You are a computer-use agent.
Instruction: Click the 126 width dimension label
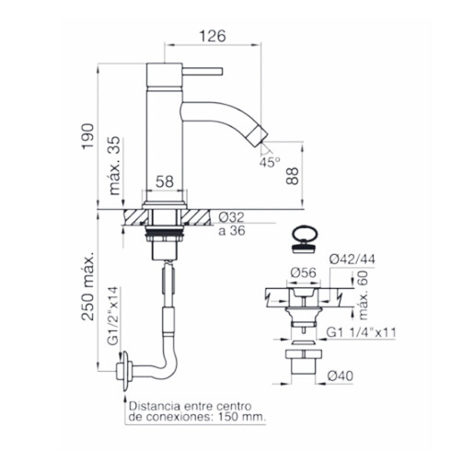point(213,36)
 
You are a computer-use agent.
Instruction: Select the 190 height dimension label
point(87,136)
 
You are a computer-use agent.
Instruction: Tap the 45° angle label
point(270,162)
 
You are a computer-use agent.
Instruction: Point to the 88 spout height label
point(293,176)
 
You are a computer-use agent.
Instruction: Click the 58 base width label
point(165,181)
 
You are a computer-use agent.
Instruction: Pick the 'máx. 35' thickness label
point(115,166)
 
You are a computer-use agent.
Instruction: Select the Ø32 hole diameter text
point(232,217)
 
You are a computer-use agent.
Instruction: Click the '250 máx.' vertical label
point(87,287)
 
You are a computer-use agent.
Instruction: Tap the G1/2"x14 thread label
point(112,317)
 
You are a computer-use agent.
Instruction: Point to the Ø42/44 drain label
point(353,260)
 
